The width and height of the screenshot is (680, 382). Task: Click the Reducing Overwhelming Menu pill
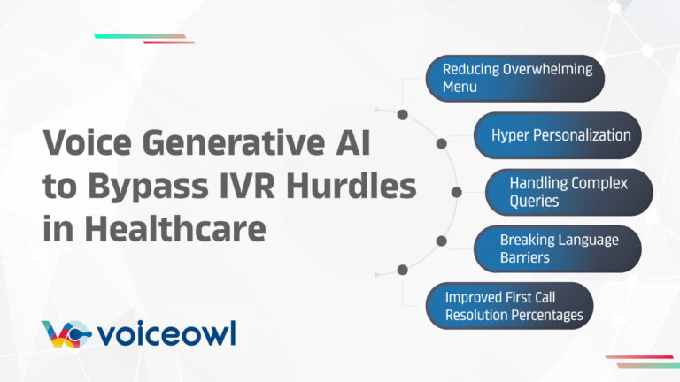(514, 78)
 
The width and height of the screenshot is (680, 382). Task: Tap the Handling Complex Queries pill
(569, 192)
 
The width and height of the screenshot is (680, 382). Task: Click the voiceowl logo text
(168, 334)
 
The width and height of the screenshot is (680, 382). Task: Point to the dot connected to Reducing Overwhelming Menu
(402, 115)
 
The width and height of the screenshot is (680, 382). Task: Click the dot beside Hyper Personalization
(440, 142)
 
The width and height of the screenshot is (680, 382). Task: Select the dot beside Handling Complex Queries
(457, 191)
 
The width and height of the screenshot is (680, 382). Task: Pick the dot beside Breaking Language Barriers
(440, 240)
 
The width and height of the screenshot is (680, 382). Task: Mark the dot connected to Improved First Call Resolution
(402, 269)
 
